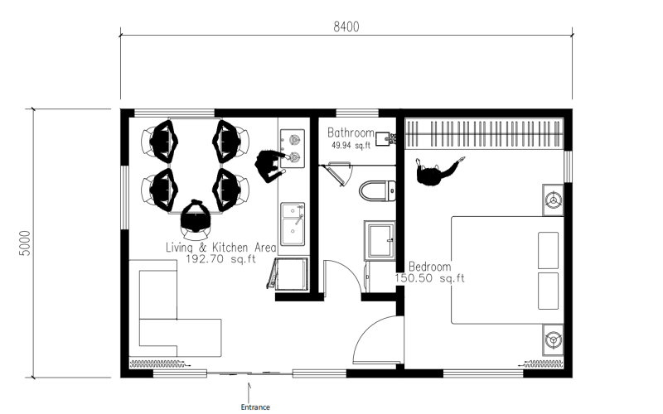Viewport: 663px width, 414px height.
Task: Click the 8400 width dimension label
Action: pyautogui.click(x=346, y=27)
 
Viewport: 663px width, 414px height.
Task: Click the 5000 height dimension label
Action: pyautogui.click(x=26, y=243)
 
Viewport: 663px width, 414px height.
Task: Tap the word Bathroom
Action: pyautogui.click(x=351, y=133)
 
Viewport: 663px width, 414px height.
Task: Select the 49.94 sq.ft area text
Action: pyautogui.click(x=351, y=146)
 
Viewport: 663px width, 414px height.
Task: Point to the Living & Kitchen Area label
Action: pyautogui.click(x=220, y=247)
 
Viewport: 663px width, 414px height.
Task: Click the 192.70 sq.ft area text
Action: pyautogui.click(x=220, y=259)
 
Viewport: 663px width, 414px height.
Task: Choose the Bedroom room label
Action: pyautogui.click(x=429, y=267)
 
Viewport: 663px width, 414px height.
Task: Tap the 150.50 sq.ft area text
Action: pyautogui.click(x=429, y=278)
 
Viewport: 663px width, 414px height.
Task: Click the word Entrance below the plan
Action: pyautogui.click(x=255, y=407)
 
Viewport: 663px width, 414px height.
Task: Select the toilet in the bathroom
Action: pyautogui.click(x=378, y=190)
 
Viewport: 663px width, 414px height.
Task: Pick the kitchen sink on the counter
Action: pyautogui.click(x=293, y=224)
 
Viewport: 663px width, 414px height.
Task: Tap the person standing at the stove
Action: pyautogui.click(x=270, y=165)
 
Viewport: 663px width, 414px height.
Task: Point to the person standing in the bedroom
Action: pyautogui.click(x=436, y=172)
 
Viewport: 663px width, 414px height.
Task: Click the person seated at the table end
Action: pyautogui.click(x=196, y=216)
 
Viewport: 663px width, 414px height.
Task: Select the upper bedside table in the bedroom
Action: pyautogui.click(x=553, y=200)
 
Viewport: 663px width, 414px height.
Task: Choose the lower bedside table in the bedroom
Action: pyautogui.click(x=553, y=339)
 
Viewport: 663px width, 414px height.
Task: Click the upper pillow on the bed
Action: pyautogui.click(x=548, y=250)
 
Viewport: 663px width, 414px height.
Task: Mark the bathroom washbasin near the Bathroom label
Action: pyautogui.click(x=385, y=138)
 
